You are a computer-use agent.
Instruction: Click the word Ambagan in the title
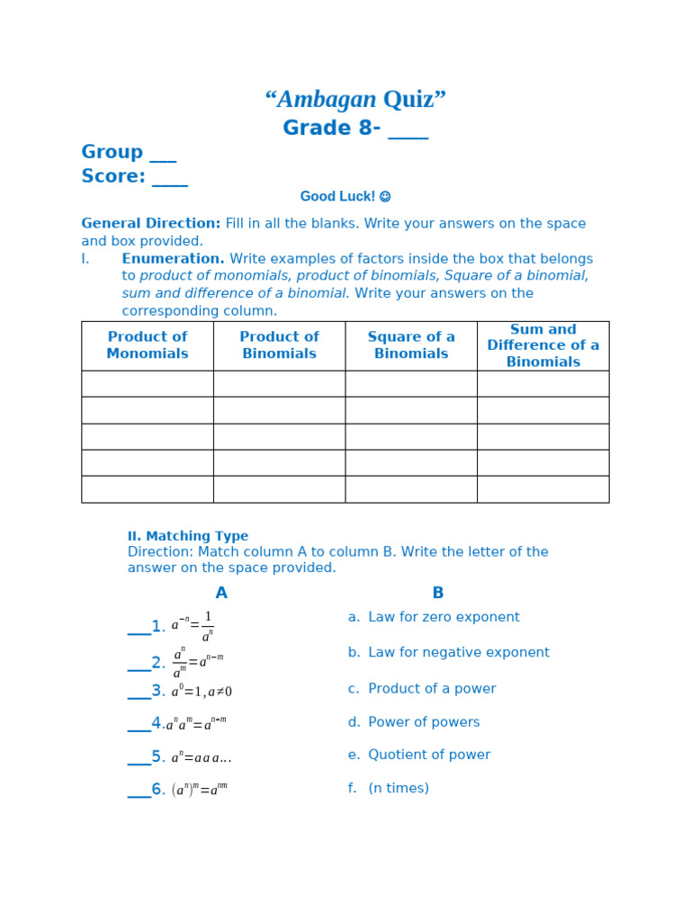pos(326,100)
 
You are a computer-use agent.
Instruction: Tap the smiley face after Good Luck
pos(385,197)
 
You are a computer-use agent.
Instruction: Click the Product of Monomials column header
pos(148,345)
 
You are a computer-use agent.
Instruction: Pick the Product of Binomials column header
pos(279,345)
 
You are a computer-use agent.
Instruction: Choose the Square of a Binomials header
pos(411,345)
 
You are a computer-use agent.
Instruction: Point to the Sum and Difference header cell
pos(543,345)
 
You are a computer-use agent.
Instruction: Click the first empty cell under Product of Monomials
pos(148,384)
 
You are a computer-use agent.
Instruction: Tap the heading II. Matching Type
pos(188,536)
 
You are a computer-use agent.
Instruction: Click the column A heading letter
pos(221,594)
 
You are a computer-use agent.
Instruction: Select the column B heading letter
pos(438,594)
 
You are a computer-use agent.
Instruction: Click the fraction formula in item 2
pos(198,662)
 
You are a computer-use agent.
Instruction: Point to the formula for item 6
pos(200,790)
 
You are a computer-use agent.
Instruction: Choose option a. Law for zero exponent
pos(434,618)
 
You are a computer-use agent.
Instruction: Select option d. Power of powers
pos(414,722)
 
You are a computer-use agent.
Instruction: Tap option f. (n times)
pos(389,789)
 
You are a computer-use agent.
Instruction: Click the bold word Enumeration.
pos(173,259)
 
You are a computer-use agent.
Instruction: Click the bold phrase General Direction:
pos(150,224)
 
